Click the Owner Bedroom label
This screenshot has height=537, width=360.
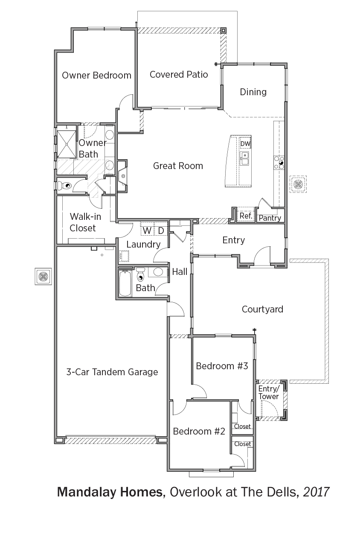(x=96, y=75)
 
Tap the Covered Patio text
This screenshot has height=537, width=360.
(x=179, y=74)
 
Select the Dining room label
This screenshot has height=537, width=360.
(x=253, y=92)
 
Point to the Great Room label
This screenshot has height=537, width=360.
(x=178, y=166)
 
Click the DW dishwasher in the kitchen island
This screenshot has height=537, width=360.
(x=245, y=143)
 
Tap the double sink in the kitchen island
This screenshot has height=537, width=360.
(x=245, y=158)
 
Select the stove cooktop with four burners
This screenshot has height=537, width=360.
(x=279, y=162)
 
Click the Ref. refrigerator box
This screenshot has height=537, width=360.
(x=246, y=215)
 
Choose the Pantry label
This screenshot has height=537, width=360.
(x=270, y=218)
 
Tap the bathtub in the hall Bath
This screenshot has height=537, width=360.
(x=125, y=283)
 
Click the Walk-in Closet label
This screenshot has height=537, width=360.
(x=85, y=222)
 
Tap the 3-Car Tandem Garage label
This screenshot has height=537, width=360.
(x=112, y=372)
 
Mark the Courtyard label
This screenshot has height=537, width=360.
(x=262, y=309)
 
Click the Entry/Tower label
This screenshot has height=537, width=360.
(x=269, y=392)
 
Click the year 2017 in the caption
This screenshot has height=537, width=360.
(x=316, y=492)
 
